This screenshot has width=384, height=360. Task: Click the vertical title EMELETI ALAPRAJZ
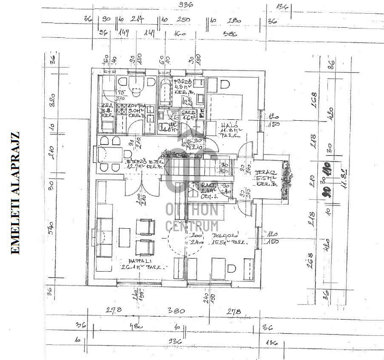[15, 193]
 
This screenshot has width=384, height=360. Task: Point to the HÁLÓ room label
[227, 126]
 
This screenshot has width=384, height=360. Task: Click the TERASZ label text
[266, 173]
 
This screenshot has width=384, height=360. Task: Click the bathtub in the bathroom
[165, 92]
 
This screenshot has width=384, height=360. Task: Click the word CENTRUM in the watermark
[192, 226]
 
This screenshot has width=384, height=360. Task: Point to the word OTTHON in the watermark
[192, 210]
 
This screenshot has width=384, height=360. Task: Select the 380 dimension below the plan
[176, 311]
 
